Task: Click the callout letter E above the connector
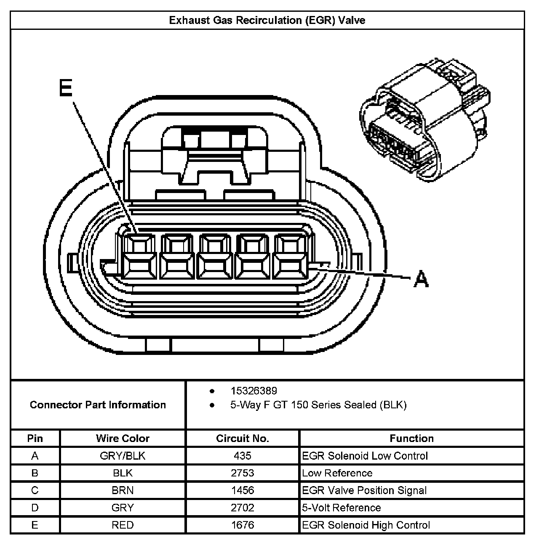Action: pos(66,88)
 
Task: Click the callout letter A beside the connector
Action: pos(421,279)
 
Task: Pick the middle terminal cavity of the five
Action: pos(216,256)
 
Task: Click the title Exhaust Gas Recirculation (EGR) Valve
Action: pos(267,20)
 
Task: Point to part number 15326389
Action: pos(253,391)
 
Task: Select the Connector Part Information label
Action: pos(98,405)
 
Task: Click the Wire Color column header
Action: pos(123,439)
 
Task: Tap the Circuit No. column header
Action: pos(242,439)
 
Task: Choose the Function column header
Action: pos(411,439)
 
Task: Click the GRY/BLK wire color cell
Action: pos(123,456)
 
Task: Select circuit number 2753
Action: pos(242,473)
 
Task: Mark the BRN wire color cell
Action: pos(123,490)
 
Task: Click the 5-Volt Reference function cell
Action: pos(342,508)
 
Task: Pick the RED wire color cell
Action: pos(123,525)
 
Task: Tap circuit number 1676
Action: pos(242,525)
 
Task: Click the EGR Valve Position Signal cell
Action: pos(364,490)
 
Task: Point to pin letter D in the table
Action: pos(35,508)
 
